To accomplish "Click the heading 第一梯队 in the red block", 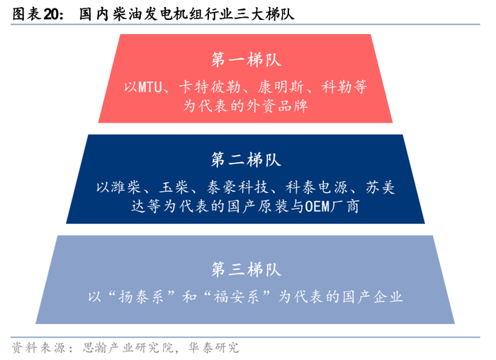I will pyautogui.click(x=247, y=59).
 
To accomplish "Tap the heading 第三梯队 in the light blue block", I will pyautogui.click(x=247, y=269).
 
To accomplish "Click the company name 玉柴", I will pyautogui.click(x=173, y=188).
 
